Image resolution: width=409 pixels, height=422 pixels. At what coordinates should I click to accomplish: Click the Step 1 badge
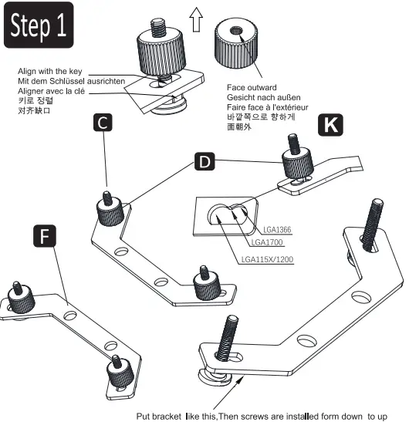click(39, 25)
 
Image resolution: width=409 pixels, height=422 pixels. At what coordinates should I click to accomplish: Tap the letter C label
click(103, 123)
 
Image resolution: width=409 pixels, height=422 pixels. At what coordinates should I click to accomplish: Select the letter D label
click(204, 161)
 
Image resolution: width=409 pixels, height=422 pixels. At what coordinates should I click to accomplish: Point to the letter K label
click(330, 125)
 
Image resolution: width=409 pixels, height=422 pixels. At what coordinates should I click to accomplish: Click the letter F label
click(45, 236)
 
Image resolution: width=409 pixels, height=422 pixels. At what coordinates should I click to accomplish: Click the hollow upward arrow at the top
click(196, 19)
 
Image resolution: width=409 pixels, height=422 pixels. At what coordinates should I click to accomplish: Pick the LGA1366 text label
click(277, 230)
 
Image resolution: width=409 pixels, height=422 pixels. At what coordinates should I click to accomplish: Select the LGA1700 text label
click(267, 242)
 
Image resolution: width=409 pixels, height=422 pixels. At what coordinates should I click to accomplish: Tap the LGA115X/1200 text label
click(267, 259)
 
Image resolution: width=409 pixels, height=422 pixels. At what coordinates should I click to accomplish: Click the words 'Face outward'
click(252, 87)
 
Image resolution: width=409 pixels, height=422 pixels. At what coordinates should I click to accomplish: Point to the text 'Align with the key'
click(50, 71)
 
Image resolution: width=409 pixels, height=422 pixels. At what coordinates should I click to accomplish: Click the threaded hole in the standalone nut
click(236, 30)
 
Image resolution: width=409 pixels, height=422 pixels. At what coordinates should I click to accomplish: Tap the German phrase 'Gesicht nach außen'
click(264, 97)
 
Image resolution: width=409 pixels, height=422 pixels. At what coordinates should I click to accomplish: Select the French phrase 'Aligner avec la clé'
click(51, 91)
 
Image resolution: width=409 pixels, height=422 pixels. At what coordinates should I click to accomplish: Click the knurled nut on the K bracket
click(298, 164)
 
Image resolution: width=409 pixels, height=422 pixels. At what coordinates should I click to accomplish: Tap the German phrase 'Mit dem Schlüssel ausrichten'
click(71, 81)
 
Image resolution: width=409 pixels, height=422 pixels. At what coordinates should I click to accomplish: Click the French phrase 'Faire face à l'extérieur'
click(267, 107)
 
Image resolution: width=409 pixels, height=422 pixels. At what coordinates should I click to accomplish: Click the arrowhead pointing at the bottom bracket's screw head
click(241, 380)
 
